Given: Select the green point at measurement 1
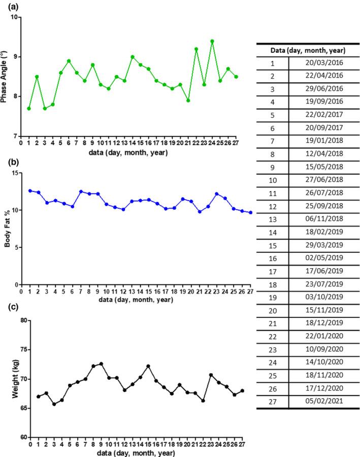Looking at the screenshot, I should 29,109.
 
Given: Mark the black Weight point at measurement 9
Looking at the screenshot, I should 101,364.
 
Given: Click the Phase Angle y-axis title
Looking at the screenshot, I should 5,76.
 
